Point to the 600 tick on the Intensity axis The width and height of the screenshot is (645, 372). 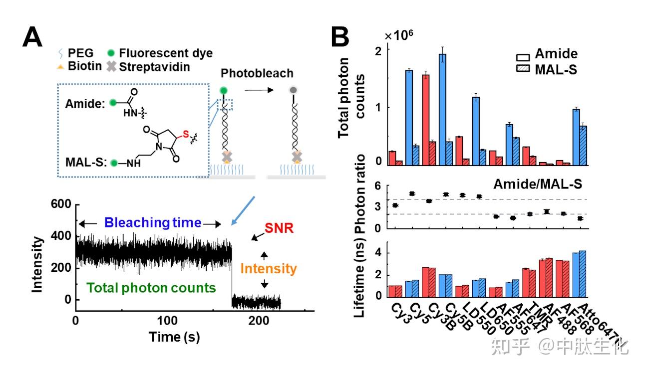point(62,204)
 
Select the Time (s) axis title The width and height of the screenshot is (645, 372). point(174,337)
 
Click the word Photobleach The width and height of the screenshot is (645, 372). point(258,73)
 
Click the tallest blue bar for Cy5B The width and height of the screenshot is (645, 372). point(442,109)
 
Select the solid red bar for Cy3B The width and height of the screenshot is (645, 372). point(426,120)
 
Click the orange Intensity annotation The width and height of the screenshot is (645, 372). point(268,269)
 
